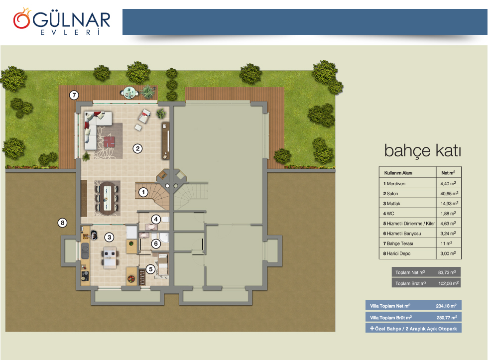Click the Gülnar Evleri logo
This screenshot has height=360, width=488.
[62, 21]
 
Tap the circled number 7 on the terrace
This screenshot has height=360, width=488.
[74, 95]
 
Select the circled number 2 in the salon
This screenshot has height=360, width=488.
[137, 148]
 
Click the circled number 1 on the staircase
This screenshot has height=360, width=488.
[143, 192]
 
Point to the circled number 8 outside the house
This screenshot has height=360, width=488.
[63, 223]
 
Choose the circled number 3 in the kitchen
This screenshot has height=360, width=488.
[109, 237]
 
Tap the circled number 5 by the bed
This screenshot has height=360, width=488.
[150, 269]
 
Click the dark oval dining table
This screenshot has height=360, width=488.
[108, 198]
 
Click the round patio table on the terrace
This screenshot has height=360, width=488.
[129, 93]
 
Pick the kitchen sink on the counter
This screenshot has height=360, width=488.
[85, 251]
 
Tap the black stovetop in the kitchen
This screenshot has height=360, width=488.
[85, 276]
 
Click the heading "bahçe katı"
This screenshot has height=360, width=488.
[422, 151]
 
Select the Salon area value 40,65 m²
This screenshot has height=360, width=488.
[449, 194]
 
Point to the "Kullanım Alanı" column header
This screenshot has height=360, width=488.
[398, 173]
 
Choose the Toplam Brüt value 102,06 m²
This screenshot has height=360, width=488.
[448, 283]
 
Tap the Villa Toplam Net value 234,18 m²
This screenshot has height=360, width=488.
[446, 306]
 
